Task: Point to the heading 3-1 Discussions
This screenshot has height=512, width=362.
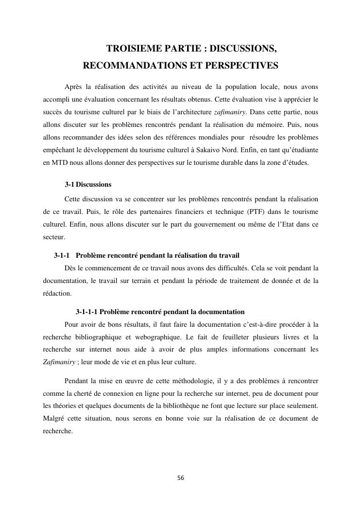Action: pos(88,185)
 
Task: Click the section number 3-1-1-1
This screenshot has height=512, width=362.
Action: pos(86,312)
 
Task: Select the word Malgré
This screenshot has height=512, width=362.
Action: pos(53,417)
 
